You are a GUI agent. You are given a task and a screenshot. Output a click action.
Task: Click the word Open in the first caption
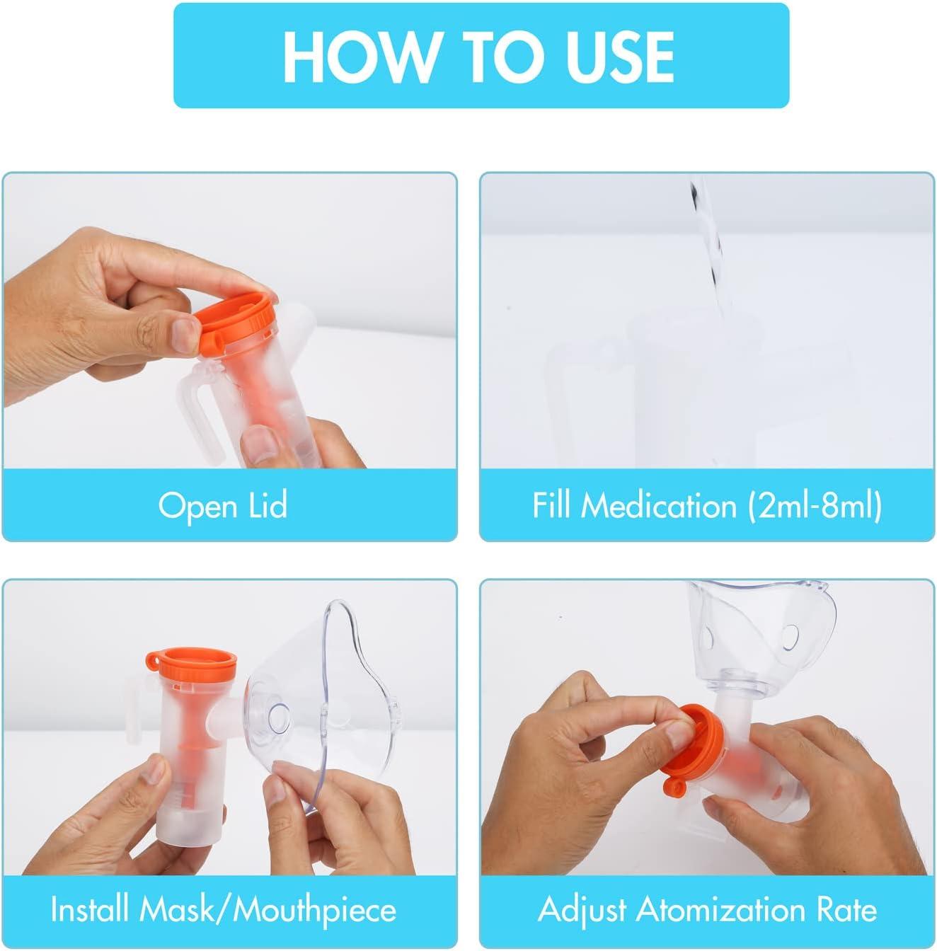(x=197, y=506)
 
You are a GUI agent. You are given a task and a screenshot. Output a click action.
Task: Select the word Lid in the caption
(x=268, y=505)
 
